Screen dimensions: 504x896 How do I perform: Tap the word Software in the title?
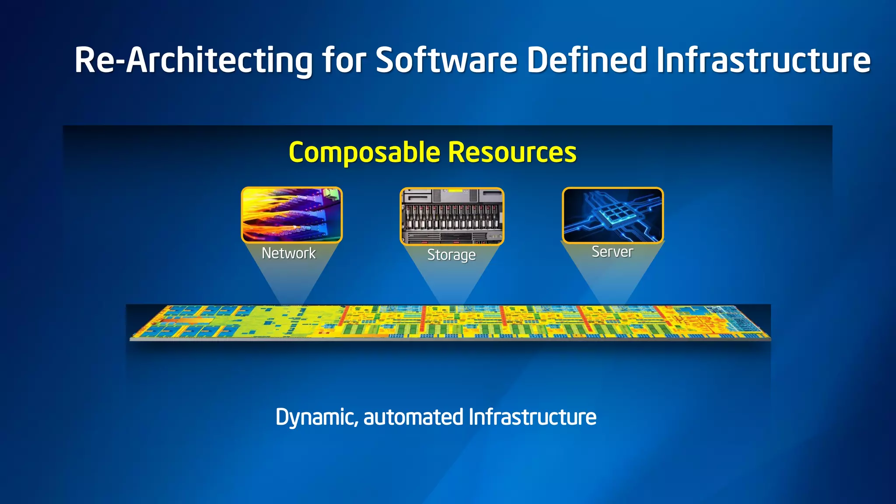pos(446,60)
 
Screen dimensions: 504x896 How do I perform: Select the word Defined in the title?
pos(586,60)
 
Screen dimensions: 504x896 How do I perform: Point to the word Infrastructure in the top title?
pos(763,60)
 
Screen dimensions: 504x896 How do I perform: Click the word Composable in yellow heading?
pos(364,153)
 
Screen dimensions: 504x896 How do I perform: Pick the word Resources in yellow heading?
pos(512,153)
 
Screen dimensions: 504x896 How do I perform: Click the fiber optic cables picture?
pos(292,215)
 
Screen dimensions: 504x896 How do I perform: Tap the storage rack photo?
pos(452,216)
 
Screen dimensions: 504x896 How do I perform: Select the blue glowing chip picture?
pos(612,215)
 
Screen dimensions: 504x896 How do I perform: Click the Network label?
pos(288,253)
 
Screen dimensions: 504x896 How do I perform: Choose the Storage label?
pos(451,255)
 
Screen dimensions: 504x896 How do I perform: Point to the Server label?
pos(612,252)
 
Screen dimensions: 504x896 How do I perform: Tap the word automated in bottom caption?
pos(413,417)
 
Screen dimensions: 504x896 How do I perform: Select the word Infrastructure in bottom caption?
pos(532,417)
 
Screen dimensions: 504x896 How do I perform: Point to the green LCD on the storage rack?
pos(455,191)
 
